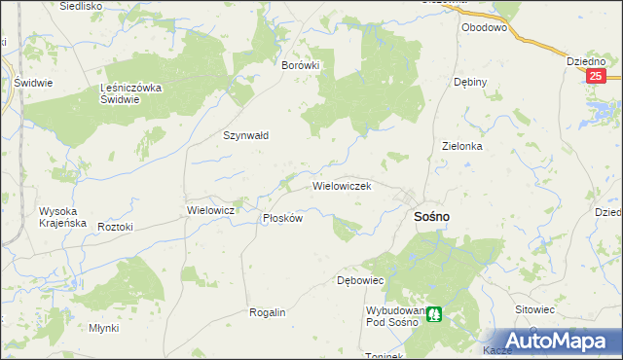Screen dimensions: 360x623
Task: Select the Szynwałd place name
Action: [x=246, y=136]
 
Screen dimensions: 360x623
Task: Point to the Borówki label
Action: [x=300, y=65]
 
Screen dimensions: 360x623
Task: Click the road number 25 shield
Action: [x=597, y=76]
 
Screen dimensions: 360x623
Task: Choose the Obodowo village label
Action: [x=485, y=28]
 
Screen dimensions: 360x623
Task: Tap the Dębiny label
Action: [x=470, y=83]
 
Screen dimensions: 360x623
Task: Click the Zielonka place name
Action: [x=462, y=146]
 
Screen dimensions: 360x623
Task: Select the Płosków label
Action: [x=283, y=219]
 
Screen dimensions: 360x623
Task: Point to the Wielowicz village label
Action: [x=210, y=210]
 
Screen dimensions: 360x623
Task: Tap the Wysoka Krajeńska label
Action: [x=62, y=217]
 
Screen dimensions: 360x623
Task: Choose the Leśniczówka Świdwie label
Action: [x=136, y=93]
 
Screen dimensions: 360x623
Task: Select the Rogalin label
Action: [x=268, y=312]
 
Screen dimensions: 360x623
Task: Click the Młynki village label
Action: [x=103, y=328]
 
